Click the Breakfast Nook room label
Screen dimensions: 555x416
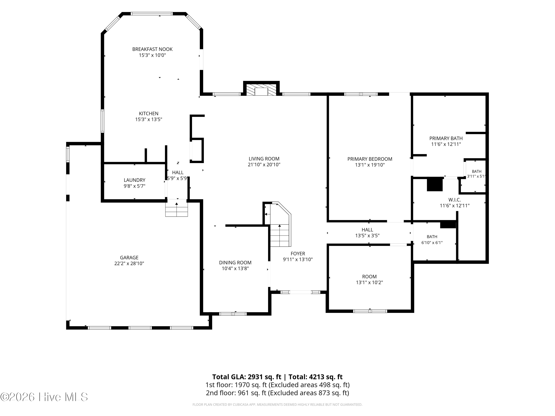[x=152, y=49]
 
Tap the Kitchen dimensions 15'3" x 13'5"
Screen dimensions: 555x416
[x=149, y=119]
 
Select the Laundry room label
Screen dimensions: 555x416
[x=134, y=180]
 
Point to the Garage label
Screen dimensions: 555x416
[x=129, y=258]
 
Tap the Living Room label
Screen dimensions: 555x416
[x=264, y=159]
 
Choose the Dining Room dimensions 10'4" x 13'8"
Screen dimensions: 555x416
[x=235, y=269]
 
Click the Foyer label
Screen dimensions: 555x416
[x=298, y=253]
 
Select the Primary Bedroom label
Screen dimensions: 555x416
[x=370, y=159]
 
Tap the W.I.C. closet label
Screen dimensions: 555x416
[x=455, y=200]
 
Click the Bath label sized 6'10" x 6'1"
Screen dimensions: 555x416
[x=432, y=237]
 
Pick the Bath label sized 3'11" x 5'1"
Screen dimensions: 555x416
[x=476, y=172]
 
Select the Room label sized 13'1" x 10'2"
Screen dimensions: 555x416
[x=369, y=277]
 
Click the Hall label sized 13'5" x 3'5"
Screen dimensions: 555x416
[x=367, y=230]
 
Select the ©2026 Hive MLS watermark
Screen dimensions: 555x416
[x=44, y=397]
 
